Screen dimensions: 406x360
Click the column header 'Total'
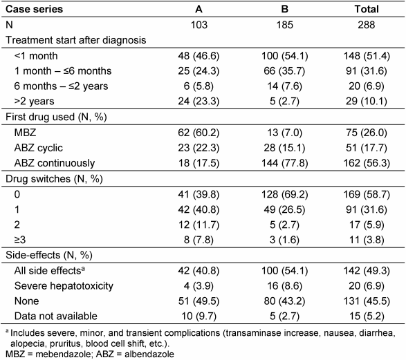point(367,9)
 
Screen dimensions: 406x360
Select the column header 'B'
point(284,9)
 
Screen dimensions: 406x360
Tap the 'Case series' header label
point(34,9)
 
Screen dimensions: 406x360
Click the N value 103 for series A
point(199,25)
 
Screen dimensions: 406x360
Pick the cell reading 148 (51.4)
point(367,56)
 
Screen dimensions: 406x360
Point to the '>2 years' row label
point(34,101)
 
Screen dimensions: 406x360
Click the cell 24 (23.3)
point(199,101)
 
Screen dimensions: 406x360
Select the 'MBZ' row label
point(25,133)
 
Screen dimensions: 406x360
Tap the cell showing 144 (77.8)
point(284,163)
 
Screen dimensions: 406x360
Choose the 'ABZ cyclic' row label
point(38,148)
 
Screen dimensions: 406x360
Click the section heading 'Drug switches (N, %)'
point(54,179)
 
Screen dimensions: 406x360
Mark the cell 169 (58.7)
point(367,194)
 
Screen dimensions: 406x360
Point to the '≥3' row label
point(20,240)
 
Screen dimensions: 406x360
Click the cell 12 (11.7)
point(199,225)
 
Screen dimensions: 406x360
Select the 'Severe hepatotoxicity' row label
point(64,286)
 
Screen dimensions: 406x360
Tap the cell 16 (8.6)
point(284,286)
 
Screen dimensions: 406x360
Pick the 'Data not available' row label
point(55,316)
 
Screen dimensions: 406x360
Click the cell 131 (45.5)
point(367,301)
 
